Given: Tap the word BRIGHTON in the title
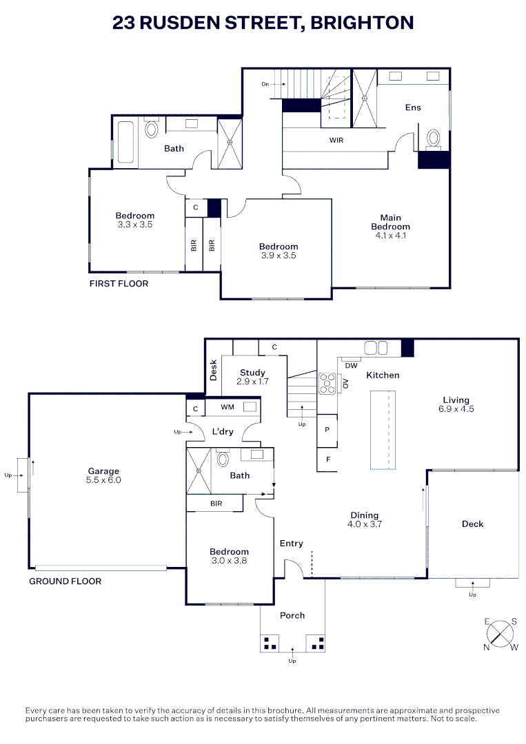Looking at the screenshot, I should click(362, 23).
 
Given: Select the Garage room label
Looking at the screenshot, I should click(103, 471).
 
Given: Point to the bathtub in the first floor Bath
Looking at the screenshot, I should click(125, 143).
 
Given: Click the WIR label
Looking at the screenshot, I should click(336, 140).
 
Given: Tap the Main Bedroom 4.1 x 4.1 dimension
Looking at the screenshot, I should click(390, 236).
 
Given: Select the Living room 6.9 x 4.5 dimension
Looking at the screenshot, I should click(456, 409).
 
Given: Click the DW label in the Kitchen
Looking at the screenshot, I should click(351, 365).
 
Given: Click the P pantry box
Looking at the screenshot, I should click(327, 428).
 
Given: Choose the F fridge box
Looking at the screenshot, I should click(327, 459).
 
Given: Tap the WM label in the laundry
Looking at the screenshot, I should click(227, 408).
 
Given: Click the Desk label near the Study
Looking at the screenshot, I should click(214, 370).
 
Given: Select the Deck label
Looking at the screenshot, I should click(472, 524).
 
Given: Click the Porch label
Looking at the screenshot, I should click(292, 615).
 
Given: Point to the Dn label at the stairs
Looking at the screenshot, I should click(265, 84).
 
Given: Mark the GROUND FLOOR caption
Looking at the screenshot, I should click(65, 581).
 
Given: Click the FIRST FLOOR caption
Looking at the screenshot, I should click(119, 283).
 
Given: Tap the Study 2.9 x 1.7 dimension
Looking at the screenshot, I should click(252, 381).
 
